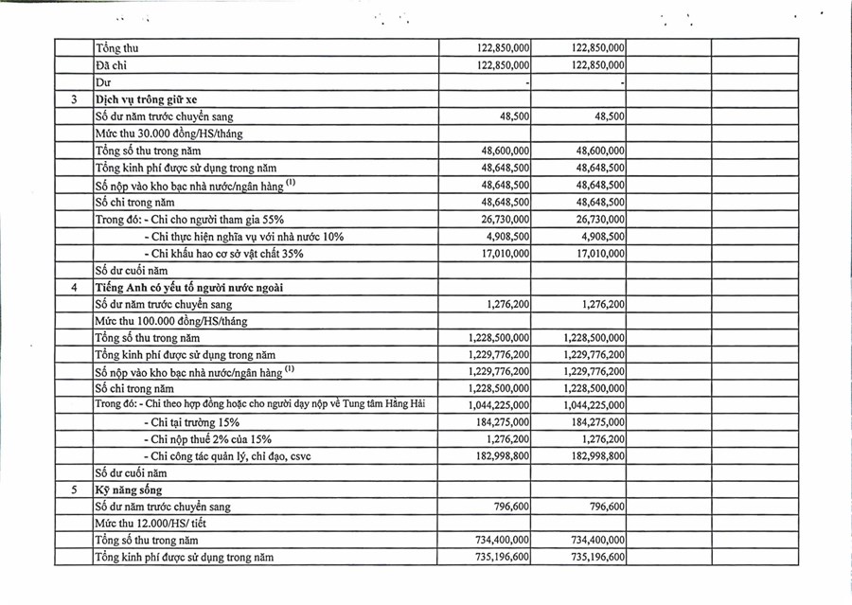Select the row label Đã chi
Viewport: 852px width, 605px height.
(x=112, y=65)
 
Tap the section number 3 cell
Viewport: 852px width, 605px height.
(x=73, y=99)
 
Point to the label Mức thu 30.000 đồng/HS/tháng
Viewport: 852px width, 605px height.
(x=169, y=133)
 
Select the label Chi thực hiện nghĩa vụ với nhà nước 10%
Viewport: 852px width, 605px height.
(x=243, y=237)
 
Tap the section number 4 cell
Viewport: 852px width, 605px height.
(x=73, y=287)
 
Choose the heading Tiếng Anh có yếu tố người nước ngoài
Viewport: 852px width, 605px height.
(x=189, y=287)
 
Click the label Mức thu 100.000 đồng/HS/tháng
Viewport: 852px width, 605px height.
(x=171, y=321)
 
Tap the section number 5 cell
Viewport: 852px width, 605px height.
(x=73, y=489)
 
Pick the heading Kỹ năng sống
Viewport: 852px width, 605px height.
(x=129, y=489)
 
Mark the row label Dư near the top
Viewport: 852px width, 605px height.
(x=103, y=82)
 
